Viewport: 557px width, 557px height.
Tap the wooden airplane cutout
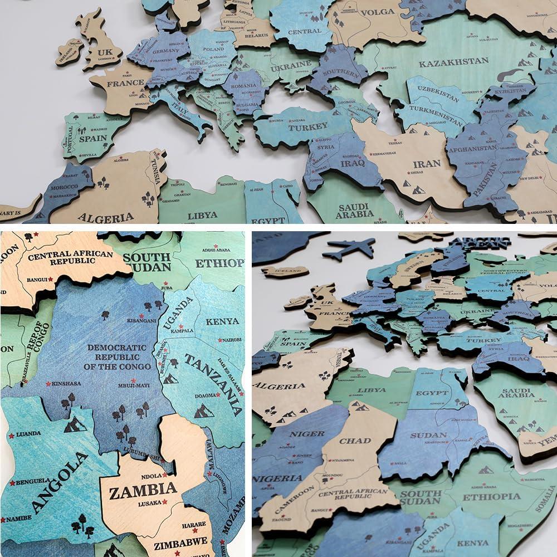coord(349,248)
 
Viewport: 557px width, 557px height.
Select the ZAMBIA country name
coord(143,491)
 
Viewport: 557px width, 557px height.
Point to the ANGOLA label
coord(60,483)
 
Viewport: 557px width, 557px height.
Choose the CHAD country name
coord(355,441)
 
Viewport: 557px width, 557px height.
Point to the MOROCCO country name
coord(63,187)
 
